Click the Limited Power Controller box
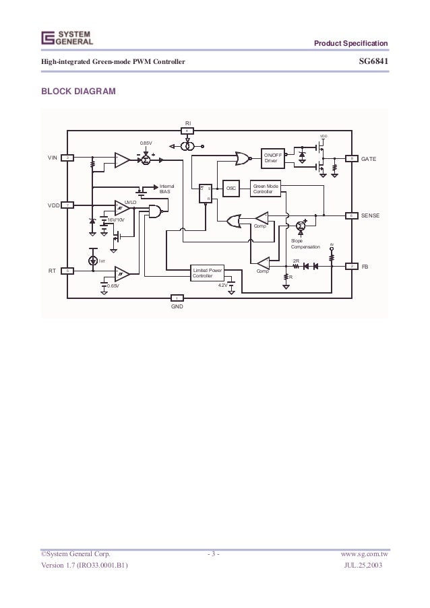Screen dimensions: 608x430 click(206, 273)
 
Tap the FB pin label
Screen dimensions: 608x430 click(365, 267)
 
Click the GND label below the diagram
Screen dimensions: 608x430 click(177, 306)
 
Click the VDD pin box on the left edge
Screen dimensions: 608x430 click(67, 205)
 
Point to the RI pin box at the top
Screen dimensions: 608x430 click(189, 131)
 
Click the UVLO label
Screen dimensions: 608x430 click(130, 201)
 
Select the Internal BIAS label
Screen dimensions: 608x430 click(165, 189)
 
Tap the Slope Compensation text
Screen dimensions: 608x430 click(305, 244)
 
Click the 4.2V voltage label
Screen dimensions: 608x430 click(223, 285)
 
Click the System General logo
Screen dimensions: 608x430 click(66, 37)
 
